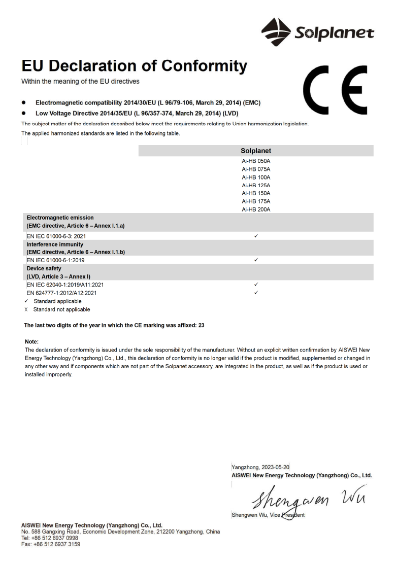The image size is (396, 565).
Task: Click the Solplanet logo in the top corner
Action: [317, 31]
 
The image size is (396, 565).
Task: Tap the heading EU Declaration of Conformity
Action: [135, 66]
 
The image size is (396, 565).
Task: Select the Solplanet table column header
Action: [256, 151]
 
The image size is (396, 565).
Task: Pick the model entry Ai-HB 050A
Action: [256, 161]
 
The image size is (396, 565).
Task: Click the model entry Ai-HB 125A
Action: [256, 185]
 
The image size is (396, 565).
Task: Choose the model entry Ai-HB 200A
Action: [256, 209]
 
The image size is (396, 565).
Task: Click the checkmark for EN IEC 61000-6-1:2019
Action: [256, 260]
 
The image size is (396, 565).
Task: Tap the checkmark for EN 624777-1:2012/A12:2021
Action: [256, 293]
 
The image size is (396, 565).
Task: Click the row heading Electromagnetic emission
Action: [60, 218]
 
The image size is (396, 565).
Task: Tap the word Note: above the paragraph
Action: [31, 342]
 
